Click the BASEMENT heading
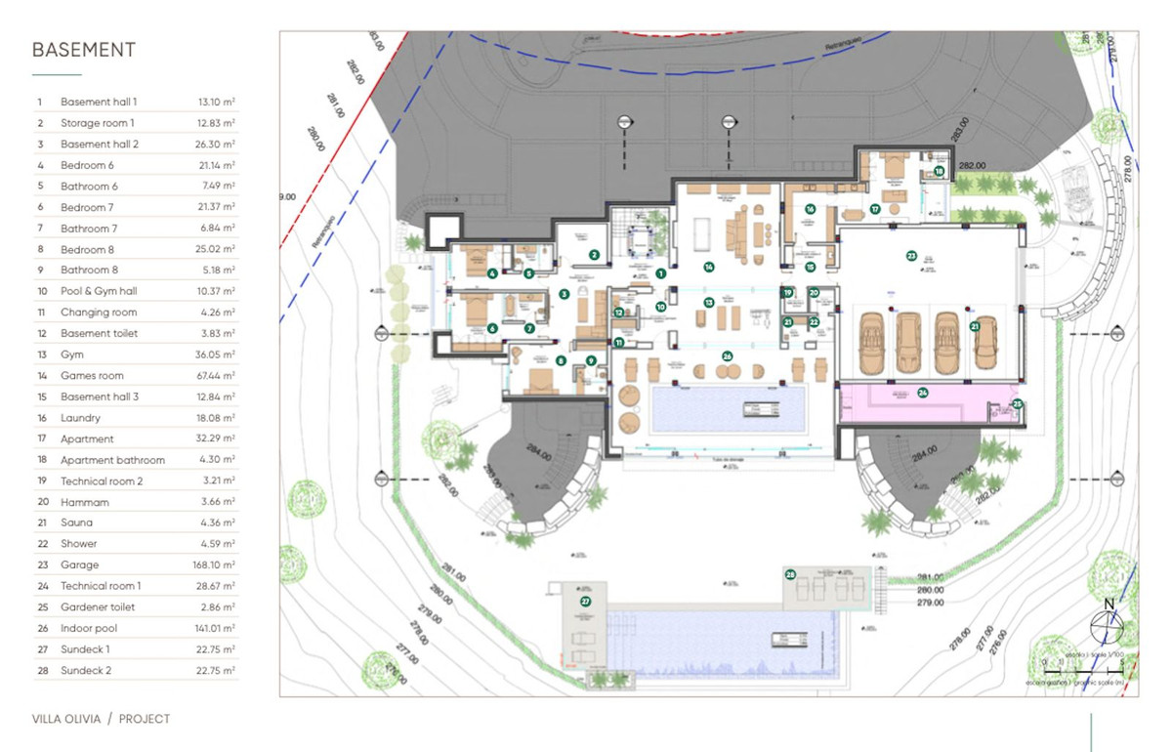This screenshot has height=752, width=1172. pyautogui.click(x=84, y=51)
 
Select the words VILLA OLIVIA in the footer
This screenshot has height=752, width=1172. pyautogui.click(x=66, y=719)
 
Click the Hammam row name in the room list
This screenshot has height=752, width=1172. pyautogui.click(x=85, y=502)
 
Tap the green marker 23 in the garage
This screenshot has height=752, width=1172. pyautogui.click(x=911, y=256)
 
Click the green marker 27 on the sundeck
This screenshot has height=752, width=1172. pyautogui.click(x=585, y=603)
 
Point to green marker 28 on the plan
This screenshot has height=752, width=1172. pyautogui.click(x=790, y=575)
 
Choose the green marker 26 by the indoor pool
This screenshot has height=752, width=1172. pyautogui.click(x=727, y=355)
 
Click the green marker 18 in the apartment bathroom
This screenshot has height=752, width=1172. pyautogui.click(x=939, y=171)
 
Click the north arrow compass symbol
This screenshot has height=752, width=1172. pyautogui.click(x=1108, y=623)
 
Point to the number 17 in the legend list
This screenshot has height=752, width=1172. pyautogui.click(x=40, y=439)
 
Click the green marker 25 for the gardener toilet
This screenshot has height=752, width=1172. pyautogui.click(x=1017, y=403)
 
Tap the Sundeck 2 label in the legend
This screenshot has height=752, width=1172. pyautogui.click(x=86, y=671)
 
